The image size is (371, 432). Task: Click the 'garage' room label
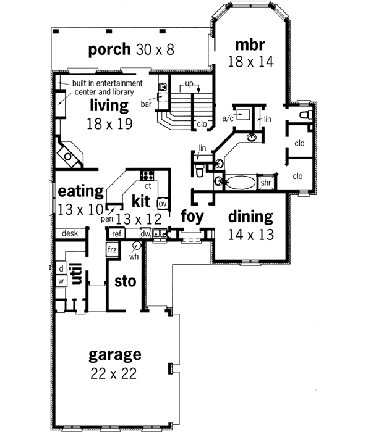pos(114,355)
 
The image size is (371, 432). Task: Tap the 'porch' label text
pos(109,48)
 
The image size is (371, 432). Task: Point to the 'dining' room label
pos(250,217)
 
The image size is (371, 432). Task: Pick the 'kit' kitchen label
pos(142,201)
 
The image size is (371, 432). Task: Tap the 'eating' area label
pos(80,191)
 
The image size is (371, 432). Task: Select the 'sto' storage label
pos(125,282)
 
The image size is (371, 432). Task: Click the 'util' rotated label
pos(77,273)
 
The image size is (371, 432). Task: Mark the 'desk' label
pos(69,234)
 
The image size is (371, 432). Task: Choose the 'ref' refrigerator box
pos(116,233)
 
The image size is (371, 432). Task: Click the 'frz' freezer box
pos(112,250)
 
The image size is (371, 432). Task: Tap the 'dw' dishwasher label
pos(145,233)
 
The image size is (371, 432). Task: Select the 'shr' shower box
pos(266,183)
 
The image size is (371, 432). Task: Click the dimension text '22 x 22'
pos(114,373)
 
